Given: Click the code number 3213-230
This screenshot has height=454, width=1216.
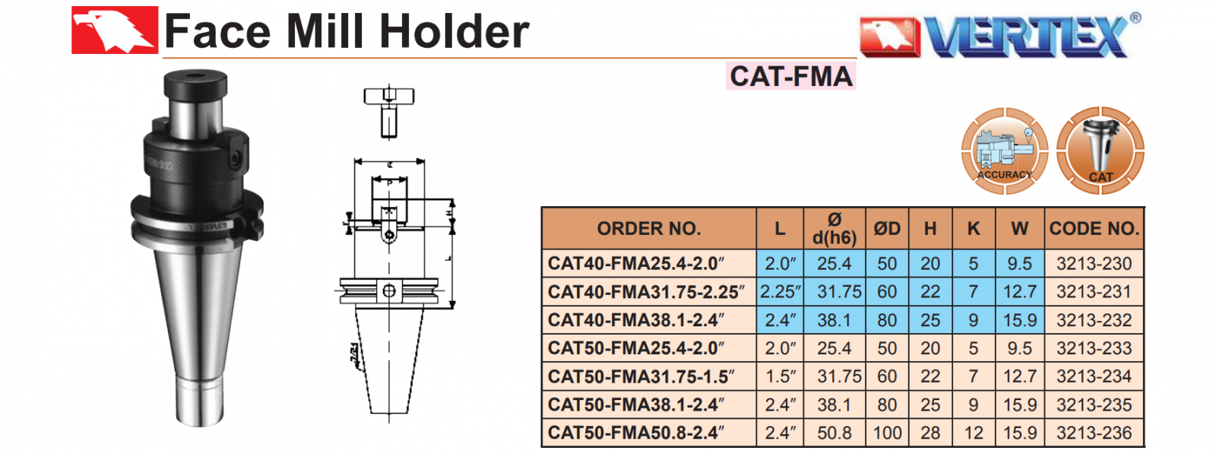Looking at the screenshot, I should click(x=1094, y=264).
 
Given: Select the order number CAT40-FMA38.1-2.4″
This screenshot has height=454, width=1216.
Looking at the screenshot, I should click(x=635, y=320).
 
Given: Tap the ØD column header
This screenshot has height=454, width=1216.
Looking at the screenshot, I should click(x=886, y=229).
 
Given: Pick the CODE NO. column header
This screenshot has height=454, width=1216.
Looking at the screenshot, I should click(x=1094, y=229).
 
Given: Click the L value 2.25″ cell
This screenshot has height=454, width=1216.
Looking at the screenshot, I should click(x=780, y=292).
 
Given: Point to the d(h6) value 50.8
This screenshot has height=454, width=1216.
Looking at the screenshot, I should click(x=834, y=433).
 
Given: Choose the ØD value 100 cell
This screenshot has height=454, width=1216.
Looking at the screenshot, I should click(x=886, y=433).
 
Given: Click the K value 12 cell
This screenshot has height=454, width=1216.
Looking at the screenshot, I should click(x=973, y=433).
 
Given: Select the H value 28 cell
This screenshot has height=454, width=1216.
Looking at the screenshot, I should click(x=930, y=433).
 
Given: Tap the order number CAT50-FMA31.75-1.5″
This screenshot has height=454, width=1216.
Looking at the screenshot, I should click(x=641, y=376).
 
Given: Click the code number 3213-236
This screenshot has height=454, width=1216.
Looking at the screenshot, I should click(x=1094, y=433).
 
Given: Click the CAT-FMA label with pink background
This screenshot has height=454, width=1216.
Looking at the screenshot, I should click(x=790, y=76).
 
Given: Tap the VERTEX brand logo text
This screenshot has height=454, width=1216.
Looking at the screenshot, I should click(x=1026, y=36).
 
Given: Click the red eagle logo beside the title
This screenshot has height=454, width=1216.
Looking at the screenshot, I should click(x=114, y=30).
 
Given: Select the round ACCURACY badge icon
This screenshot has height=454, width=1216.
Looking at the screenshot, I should click(x=1004, y=151).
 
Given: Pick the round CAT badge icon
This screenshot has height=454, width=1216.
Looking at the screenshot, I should click(x=1100, y=151).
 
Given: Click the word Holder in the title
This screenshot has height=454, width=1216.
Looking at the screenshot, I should click(x=454, y=32).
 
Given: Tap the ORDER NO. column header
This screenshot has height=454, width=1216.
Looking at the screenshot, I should click(x=648, y=229).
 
